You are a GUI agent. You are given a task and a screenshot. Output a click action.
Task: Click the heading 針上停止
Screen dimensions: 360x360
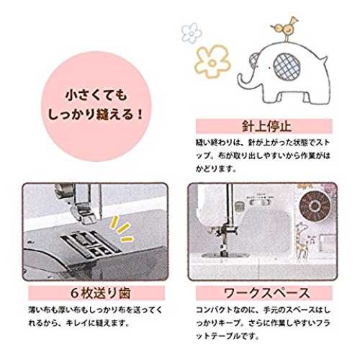click(266, 126)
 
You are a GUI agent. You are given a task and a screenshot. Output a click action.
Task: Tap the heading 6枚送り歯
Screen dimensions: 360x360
click(101, 293)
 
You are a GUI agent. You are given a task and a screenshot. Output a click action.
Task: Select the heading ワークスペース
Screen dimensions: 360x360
click(266, 293)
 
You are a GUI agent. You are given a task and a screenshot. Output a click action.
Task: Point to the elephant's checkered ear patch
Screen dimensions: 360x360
click(287, 66)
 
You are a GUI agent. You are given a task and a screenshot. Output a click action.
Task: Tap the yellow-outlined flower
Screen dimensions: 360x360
click(212, 61)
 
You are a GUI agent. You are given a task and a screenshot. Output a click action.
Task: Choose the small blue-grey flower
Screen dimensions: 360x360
click(192, 32)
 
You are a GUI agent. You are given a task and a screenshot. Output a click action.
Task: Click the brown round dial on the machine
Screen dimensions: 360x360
click(314, 206)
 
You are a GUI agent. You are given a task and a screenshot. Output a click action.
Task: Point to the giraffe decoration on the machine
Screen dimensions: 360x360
click(301, 240)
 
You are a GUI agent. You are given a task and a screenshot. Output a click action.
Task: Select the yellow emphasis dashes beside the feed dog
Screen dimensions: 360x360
click(122, 229)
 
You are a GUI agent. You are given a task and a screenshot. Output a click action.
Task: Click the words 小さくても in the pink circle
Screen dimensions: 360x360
click(96, 96)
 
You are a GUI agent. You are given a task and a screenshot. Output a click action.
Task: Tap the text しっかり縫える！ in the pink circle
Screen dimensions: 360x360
click(96, 114)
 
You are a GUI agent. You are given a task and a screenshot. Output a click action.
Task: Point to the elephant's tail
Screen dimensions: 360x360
click(324, 60)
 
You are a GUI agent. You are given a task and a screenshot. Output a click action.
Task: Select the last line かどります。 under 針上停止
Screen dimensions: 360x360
click(216, 169)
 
